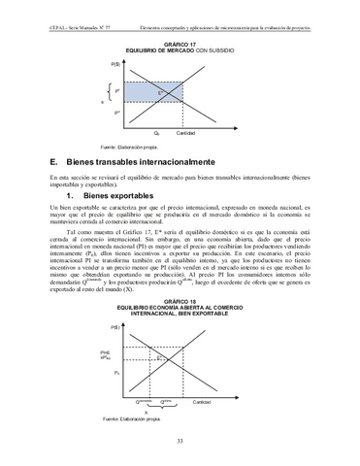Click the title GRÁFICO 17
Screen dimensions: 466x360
(x=180, y=44)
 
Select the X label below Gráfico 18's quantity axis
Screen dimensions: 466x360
(x=146, y=411)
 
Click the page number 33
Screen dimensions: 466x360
(x=180, y=443)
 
